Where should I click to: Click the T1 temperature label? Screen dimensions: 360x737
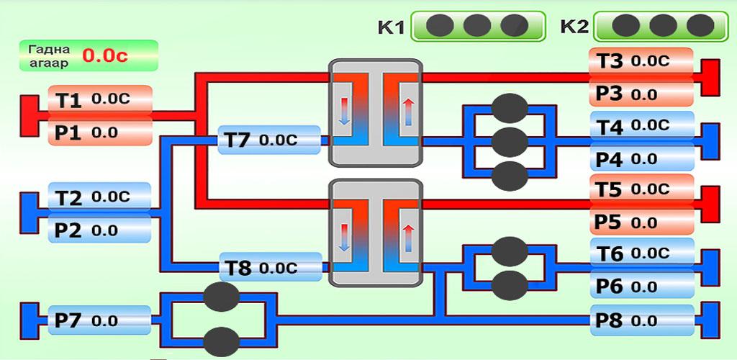pos(100,100)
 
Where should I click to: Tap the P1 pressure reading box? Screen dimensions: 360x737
pos(100,132)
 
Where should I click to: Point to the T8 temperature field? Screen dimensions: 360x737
pos(269,268)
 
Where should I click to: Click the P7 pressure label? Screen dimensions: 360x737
pos(100,320)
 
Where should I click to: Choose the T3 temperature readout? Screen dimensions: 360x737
pos(641,62)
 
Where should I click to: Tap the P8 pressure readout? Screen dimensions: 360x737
pos(643,320)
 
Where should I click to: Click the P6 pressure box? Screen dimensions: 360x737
pos(643,286)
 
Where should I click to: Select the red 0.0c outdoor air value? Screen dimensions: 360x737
pos(105,55)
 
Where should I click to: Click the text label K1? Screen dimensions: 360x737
pos(392,28)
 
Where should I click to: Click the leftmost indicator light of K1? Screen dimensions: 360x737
pos(439,26)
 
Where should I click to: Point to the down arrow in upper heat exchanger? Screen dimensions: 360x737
pos(345,112)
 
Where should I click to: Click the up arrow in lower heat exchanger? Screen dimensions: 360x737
pos(408,238)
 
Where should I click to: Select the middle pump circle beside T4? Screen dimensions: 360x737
pos(510,141)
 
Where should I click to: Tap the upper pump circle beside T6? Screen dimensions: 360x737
pos(510,252)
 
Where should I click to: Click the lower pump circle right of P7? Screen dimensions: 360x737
pos(222,341)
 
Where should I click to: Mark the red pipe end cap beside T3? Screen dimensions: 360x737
pos(711,78)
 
